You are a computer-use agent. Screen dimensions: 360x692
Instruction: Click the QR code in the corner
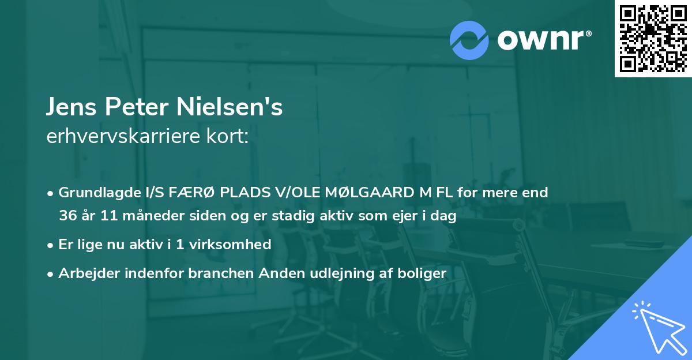[x=653, y=38]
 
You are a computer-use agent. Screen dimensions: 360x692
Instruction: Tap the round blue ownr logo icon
[x=469, y=40]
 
